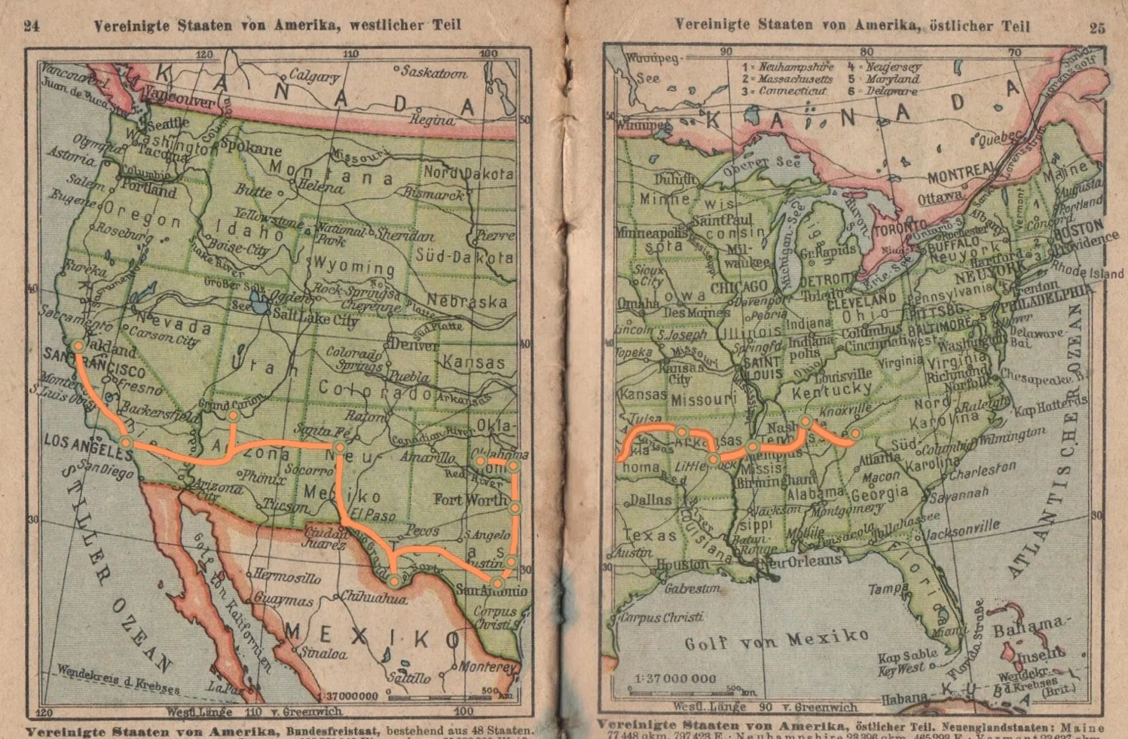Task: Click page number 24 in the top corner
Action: pyautogui.click(x=31, y=26)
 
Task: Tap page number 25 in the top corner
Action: pyautogui.click(x=1098, y=28)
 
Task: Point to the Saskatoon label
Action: pyautogui.click(x=434, y=72)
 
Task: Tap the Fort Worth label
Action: pyautogui.click(x=470, y=499)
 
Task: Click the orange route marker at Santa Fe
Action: pyautogui.click(x=340, y=448)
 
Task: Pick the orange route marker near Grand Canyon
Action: pyautogui.click(x=234, y=415)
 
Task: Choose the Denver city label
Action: pyautogui.click(x=414, y=346)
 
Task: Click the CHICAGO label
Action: pyautogui.click(x=738, y=287)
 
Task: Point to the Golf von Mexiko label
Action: pyautogui.click(x=776, y=640)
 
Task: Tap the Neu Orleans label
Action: pyautogui.click(x=801, y=561)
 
